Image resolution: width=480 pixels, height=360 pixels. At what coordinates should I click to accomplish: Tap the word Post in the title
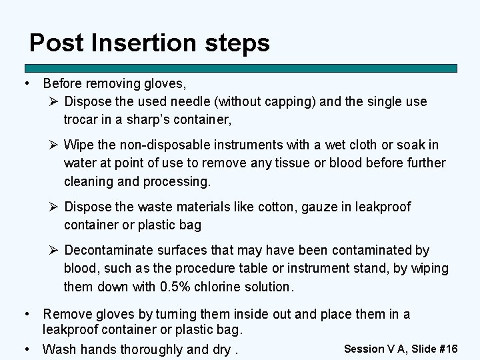[55, 43]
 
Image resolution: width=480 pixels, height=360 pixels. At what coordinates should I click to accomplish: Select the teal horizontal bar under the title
[241, 68]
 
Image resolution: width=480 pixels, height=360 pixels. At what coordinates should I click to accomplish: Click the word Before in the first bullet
[64, 84]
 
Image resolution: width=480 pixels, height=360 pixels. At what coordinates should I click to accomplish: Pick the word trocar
[83, 120]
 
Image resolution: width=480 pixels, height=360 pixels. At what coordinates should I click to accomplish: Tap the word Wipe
[79, 145]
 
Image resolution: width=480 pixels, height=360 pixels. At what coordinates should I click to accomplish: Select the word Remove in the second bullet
[66, 314]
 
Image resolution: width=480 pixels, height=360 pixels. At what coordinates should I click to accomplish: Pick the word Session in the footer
[364, 349]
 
